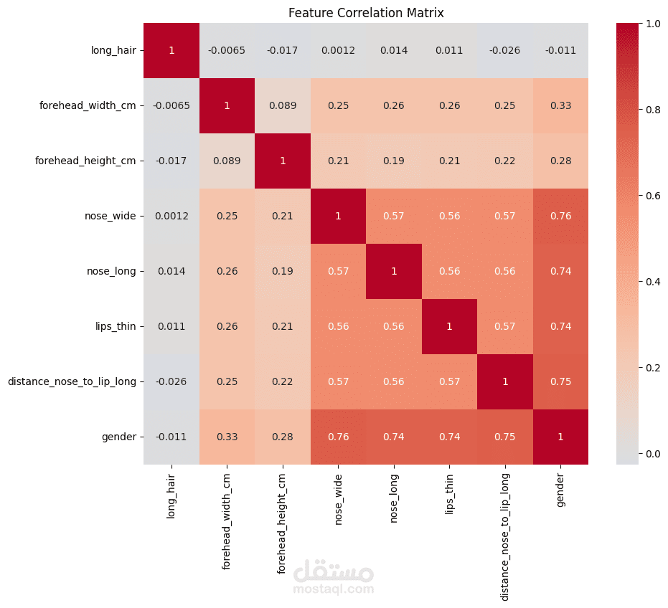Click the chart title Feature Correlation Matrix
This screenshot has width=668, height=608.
tap(366, 13)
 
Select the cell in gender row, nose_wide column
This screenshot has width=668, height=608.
tap(338, 437)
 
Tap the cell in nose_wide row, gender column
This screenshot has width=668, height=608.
tap(560, 216)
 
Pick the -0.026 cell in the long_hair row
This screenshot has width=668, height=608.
tap(504, 50)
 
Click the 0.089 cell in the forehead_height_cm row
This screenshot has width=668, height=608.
tap(227, 161)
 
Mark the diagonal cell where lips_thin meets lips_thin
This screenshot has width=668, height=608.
tap(449, 326)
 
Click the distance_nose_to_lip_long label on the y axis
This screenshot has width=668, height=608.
tap(72, 381)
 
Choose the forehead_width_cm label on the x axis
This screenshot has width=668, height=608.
tap(227, 521)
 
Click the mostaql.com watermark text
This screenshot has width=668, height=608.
tap(334, 589)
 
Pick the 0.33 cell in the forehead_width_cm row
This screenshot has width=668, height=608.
tap(560, 105)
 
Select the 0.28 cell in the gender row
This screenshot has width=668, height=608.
tap(283, 437)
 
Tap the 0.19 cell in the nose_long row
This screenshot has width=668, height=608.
tap(283, 271)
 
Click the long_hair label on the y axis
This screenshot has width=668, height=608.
tap(113, 50)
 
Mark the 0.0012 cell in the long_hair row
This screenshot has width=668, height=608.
tap(338, 50)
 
